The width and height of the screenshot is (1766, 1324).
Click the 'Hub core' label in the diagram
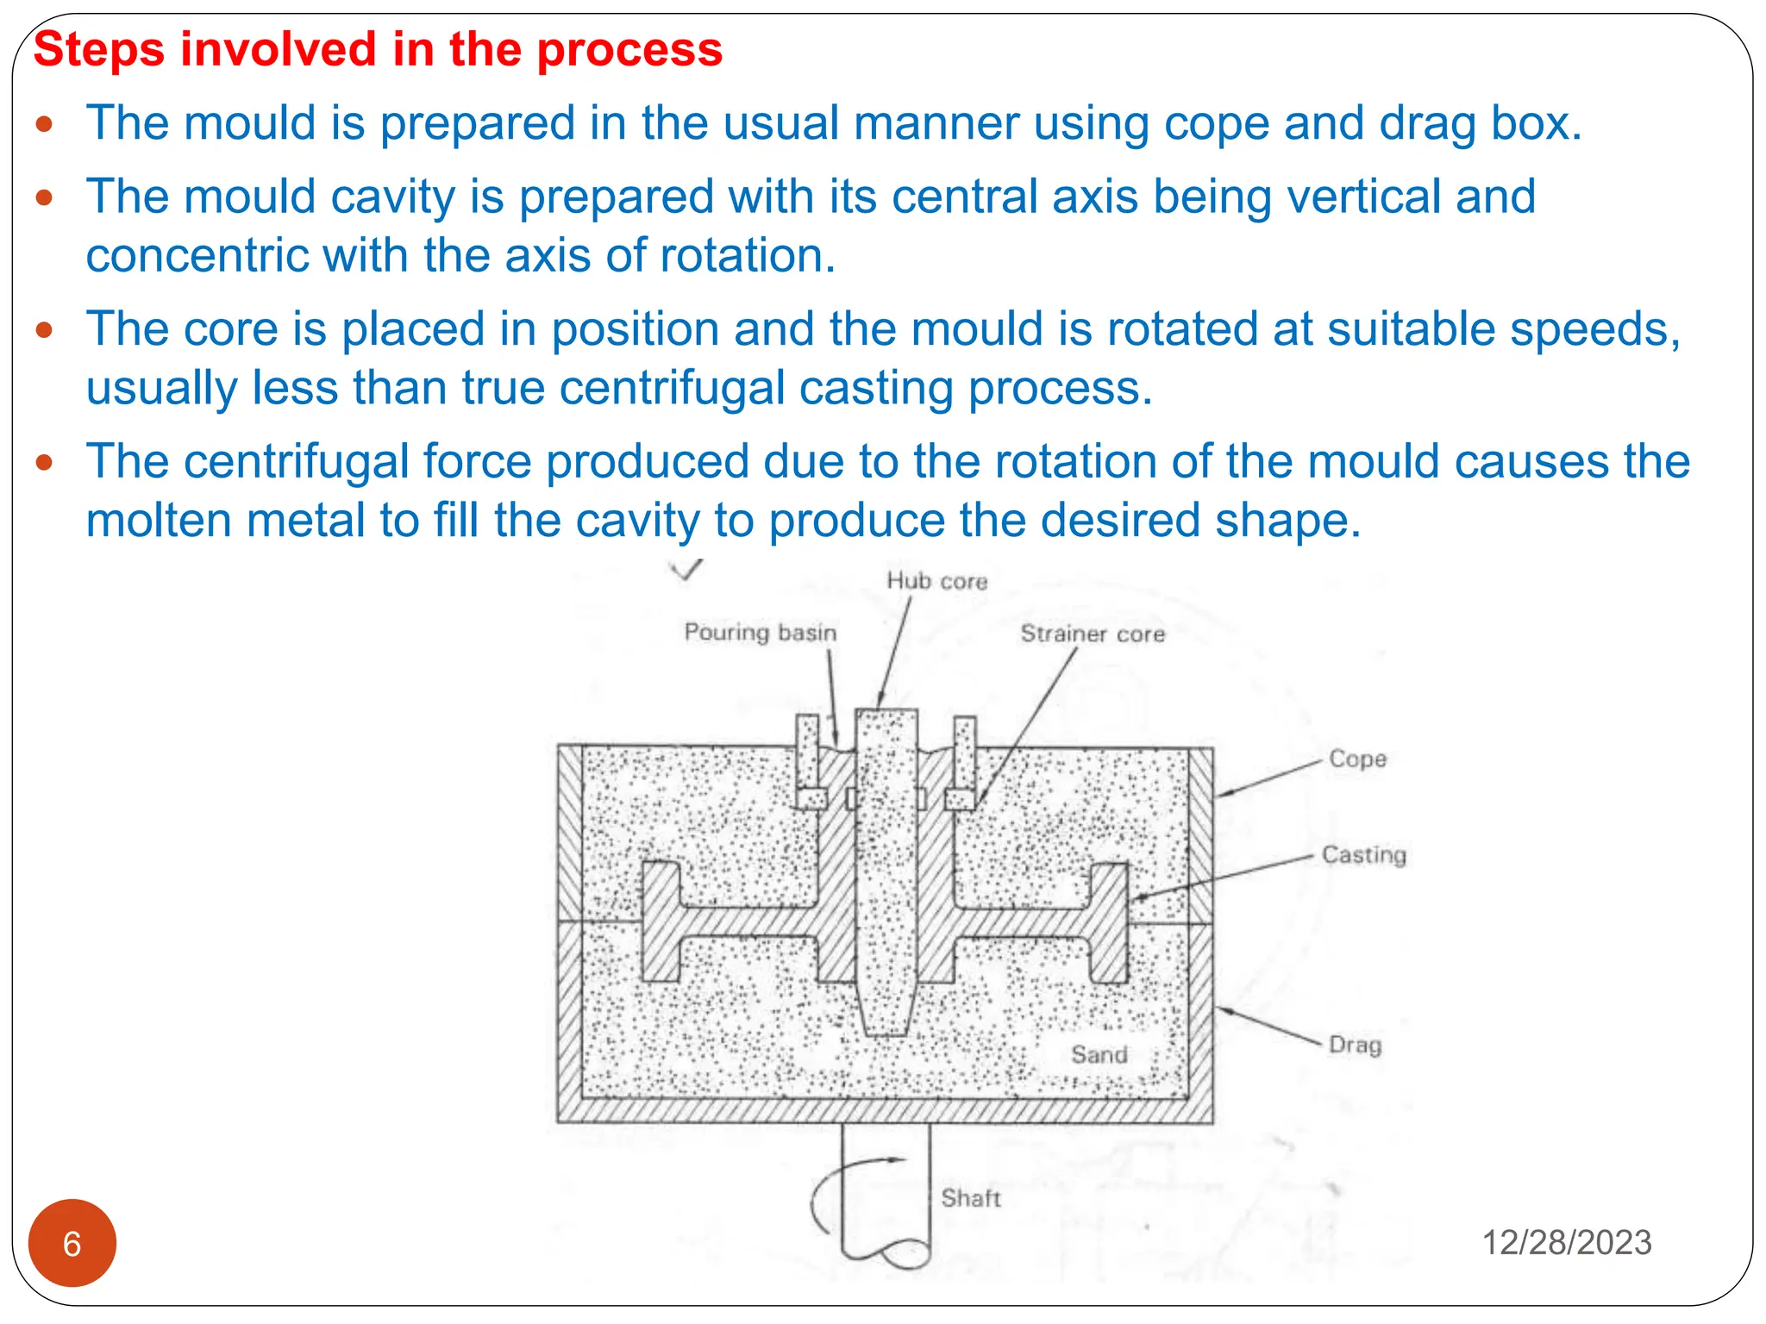(x=936, y=582)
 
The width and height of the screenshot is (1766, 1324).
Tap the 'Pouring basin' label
(x=760, y=633)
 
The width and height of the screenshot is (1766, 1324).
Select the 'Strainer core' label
(x=1092, y=634)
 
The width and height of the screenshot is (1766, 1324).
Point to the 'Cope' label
(x=1357, y=759)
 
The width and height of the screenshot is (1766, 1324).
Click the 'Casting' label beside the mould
(x=1363, y=855)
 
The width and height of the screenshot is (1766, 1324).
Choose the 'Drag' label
(x=1355, y=1045)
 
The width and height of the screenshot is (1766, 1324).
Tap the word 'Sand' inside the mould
(x=1099, y=1055)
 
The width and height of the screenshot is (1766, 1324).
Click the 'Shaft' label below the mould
(x=970, y=1198)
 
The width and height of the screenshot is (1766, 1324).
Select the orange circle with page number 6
(x=72, y=1243)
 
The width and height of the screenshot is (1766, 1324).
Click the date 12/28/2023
(x=1566, y=1243)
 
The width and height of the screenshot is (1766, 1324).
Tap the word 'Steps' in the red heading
(x=98, y=49)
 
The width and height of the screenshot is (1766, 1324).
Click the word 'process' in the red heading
(x=629, y=49)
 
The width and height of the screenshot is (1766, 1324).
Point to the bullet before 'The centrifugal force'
(x=45, y=464)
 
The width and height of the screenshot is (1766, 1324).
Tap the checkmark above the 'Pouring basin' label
(x=687, y=568)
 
